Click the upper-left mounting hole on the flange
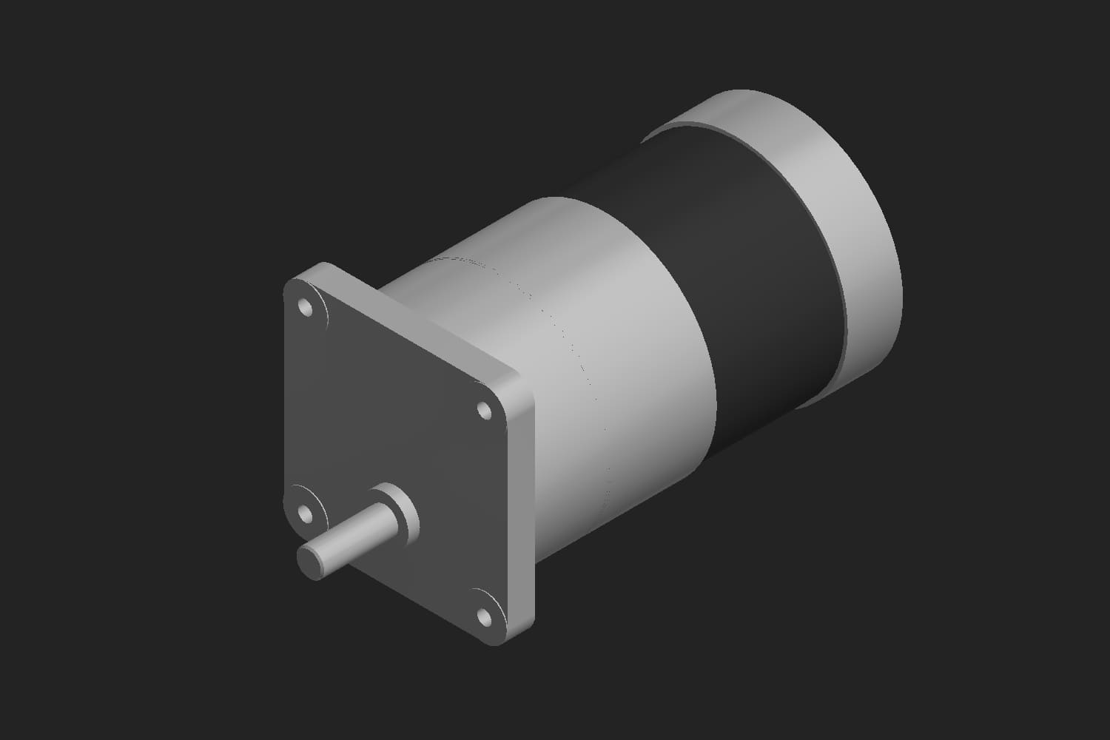click(x=304, y=306)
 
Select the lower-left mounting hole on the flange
click(x=304, y=512)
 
